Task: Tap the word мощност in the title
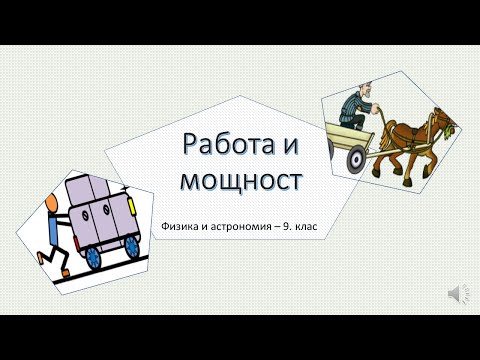[x=239, y=183]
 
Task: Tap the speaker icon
[x=455, y=291]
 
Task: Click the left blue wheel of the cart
[x=94, y=257]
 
